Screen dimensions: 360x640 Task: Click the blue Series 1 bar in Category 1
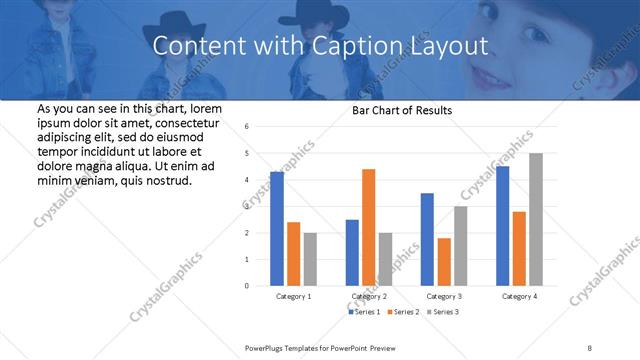277,229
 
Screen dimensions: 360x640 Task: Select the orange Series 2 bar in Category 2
369,227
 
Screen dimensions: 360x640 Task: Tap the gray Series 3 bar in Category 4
536,219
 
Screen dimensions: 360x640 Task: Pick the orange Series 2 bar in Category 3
444,262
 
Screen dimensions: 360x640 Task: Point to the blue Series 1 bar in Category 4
502,226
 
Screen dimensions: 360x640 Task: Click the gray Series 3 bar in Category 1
310,259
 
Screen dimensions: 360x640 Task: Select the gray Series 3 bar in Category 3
460,246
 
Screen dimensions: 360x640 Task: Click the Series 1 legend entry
364,312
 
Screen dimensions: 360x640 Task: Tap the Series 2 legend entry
402,312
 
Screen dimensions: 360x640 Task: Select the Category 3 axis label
444,297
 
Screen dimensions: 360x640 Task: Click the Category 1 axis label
294,297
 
